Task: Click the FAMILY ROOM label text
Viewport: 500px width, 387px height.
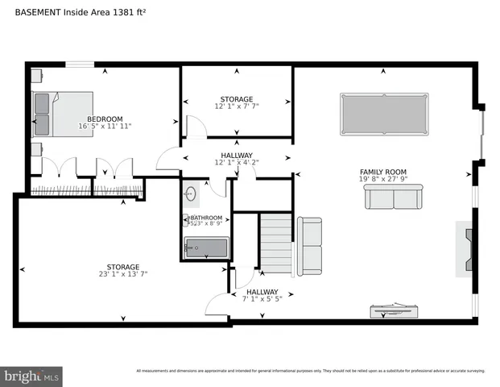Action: click(x=382, y=171)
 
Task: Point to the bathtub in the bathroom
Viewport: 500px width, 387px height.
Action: click(x=206, y=247)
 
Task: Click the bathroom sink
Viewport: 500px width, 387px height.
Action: click(x=192, y=194)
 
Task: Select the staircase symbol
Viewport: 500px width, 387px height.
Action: click(x=275, y=243)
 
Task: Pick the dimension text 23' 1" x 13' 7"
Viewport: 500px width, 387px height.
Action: click(x=123, y=275)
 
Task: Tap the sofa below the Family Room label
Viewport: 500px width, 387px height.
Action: click(x=393, y=196)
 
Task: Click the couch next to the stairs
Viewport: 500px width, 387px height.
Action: click(x=310, y=244)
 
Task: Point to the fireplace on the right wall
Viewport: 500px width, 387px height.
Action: click(x=466, y=248)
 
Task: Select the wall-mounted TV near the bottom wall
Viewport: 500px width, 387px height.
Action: click(x=393, y=310)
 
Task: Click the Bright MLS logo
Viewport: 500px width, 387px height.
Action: click(x=31, y=375)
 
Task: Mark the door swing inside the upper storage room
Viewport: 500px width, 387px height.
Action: click(x=196, y=127)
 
